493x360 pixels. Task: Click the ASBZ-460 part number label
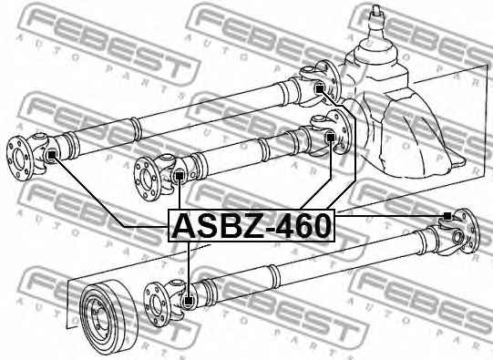click(252, 224)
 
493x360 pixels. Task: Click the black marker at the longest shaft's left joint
click(52, 154)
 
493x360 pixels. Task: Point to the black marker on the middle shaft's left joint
click(180, 176)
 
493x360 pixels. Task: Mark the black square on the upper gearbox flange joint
click(319, 87)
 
